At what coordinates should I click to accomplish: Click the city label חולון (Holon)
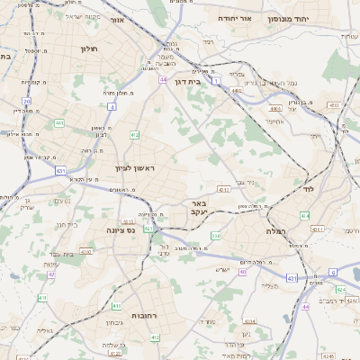pos(87,49)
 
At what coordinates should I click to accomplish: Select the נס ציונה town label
pos(119,230)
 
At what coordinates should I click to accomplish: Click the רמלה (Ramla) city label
pos(275,231)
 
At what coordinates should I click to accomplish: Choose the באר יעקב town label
pos(200,209)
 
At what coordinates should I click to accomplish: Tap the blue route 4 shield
pos(112,106)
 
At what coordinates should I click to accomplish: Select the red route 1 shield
pos(217,81)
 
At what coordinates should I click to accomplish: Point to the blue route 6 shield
pos(332,271)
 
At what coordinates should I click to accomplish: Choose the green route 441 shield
pos(59,123)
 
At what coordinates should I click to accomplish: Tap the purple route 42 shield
pos(51,274)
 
